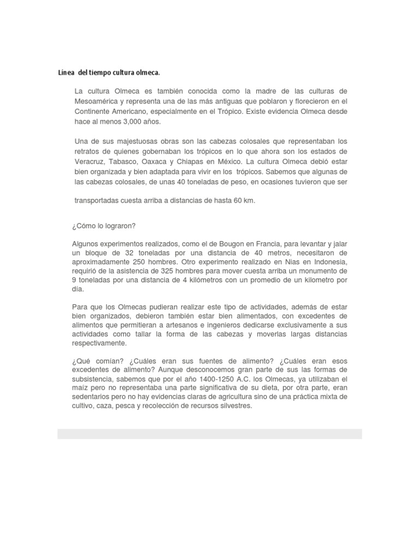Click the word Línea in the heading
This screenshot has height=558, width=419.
click(x=66, y=72)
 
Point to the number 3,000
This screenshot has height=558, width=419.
click(x=126, y=122)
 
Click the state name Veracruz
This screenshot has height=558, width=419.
click(x=88, y=161)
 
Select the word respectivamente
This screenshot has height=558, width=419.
click(x=99, y=344)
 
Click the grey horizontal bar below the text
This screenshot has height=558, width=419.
click(x=209, y=433)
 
